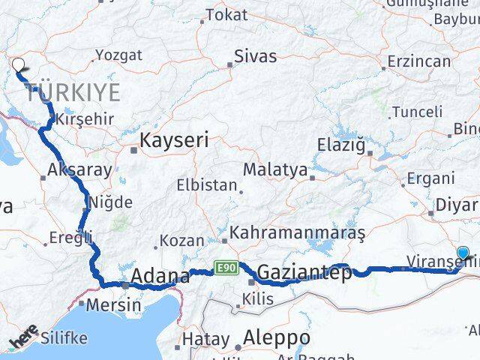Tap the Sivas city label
point(255,56)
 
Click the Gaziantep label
point(303,273)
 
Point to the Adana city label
point(160,277)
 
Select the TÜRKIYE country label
point(73,93)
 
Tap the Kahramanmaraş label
point(298,234)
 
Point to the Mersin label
point(113,305)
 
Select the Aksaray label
point(79,169)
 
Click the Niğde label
point(110,202)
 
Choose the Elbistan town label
point(206,184)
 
